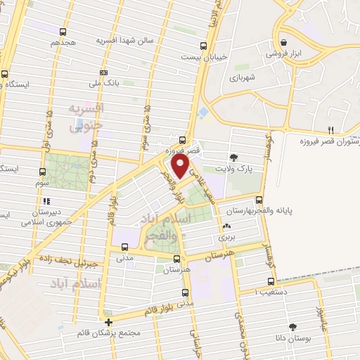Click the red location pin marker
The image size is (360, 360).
point(181,167)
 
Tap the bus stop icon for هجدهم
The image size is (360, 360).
point(64,32)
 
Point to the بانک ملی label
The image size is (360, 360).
point(104,83)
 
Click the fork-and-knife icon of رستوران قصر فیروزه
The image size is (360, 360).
point(331,130)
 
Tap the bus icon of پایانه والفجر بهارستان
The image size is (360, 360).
point(259,200)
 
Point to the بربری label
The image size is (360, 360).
point(226,239)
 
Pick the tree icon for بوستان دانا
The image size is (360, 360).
point(292,328)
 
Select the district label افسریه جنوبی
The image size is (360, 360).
point(86,117)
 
